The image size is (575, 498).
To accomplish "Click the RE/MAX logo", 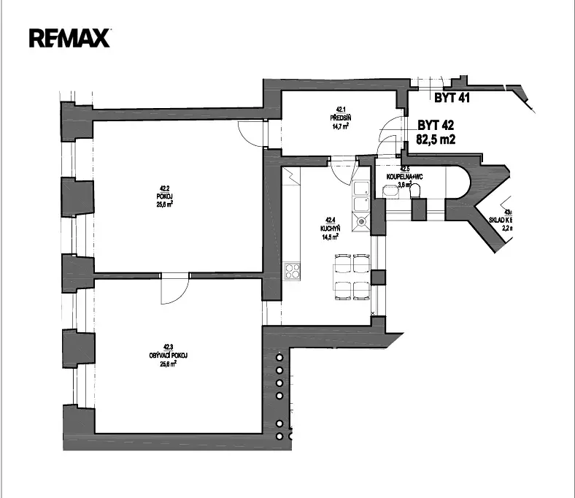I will [69, 37].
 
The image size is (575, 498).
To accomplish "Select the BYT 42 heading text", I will [436, 125].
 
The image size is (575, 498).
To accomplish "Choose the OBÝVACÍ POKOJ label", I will [168, 355].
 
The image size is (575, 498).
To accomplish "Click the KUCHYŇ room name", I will [330, 228].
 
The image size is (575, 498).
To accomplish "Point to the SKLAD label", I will [503, 220].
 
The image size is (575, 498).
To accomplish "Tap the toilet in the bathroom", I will [417, 191].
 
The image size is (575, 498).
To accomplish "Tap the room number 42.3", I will [168, 347].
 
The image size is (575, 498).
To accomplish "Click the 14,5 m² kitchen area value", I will [330, 236].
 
